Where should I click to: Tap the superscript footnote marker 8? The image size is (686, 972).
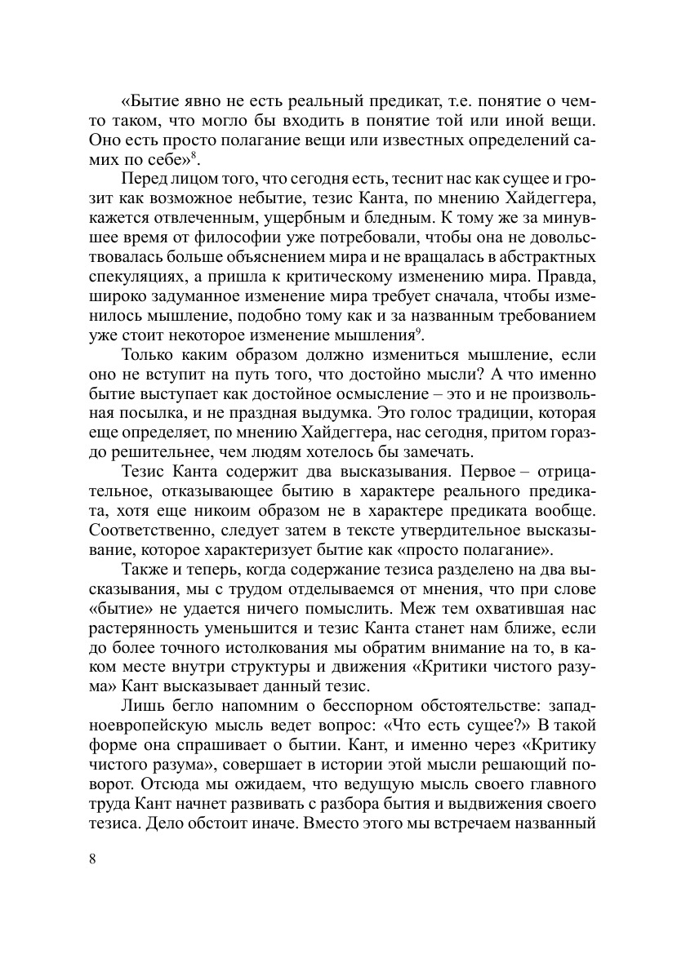pyautogui.click(x=194, y=155)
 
